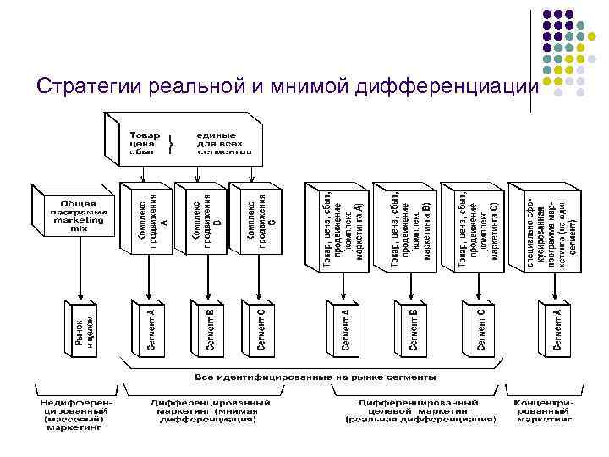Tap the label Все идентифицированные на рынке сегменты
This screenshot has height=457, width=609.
coord(315,377)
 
